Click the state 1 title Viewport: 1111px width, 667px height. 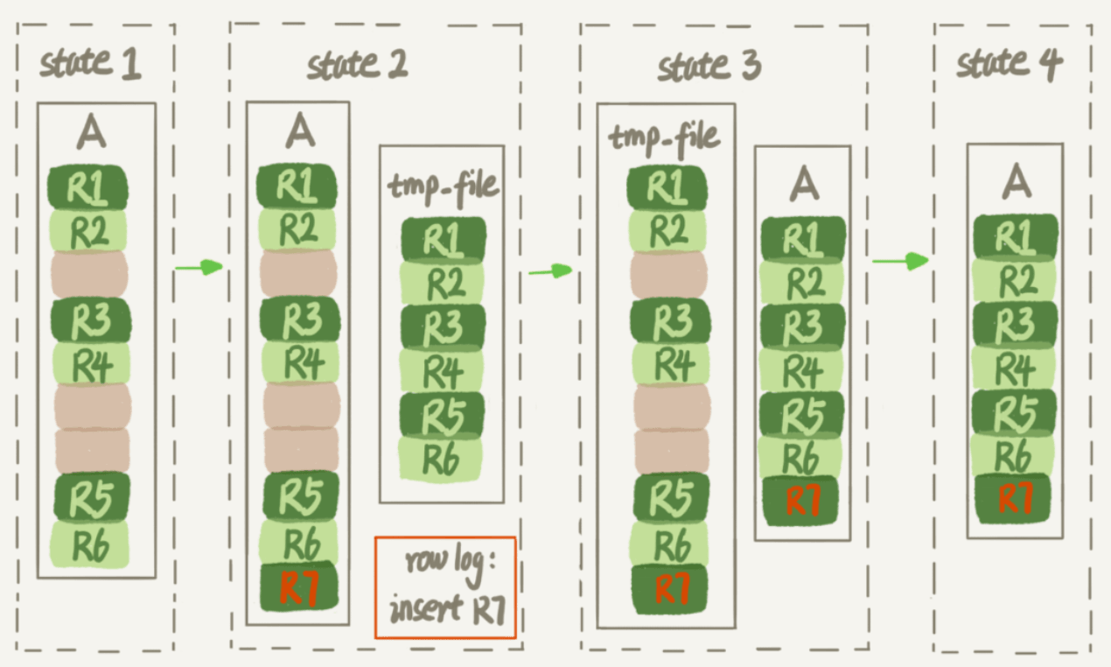pyautogui.click(x=91, y=64)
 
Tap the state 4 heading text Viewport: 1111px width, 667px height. pyautogui.click(x=1010, y=63)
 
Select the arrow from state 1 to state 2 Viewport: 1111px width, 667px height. pyautogui.click(x=199, y=267)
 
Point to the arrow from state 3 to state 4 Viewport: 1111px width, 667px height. pyautogui.click(x=899, y=260)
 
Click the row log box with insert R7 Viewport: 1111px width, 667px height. pyautogui.click(x=445, y=587)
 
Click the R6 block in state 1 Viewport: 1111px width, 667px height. pyautogui.click(x=90, y=544)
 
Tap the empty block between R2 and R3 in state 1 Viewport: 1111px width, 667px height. pyautogui.click(x=89, y=273)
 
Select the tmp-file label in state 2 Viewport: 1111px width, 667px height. pyautogui.click(x=442, y=186)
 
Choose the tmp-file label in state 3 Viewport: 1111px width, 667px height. pyautogui.click(x=666, y=137)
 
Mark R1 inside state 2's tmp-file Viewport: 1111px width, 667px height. pyautogui.click(x=443, y=238)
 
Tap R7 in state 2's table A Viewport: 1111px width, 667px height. pyautogui.click(x=297, y=586)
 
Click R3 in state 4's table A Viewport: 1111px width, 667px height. pyautogui.click(x=1015, y=324)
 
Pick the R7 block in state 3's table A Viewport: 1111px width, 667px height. pyautogui.click(x=800, y=500)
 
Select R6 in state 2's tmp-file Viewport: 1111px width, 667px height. pyautogui.click(x=441, y=458)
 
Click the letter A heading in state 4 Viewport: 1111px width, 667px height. pyautogui.click(x=1015, y=181)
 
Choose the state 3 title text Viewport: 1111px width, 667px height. pyautogui.click(x=709, y=66)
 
